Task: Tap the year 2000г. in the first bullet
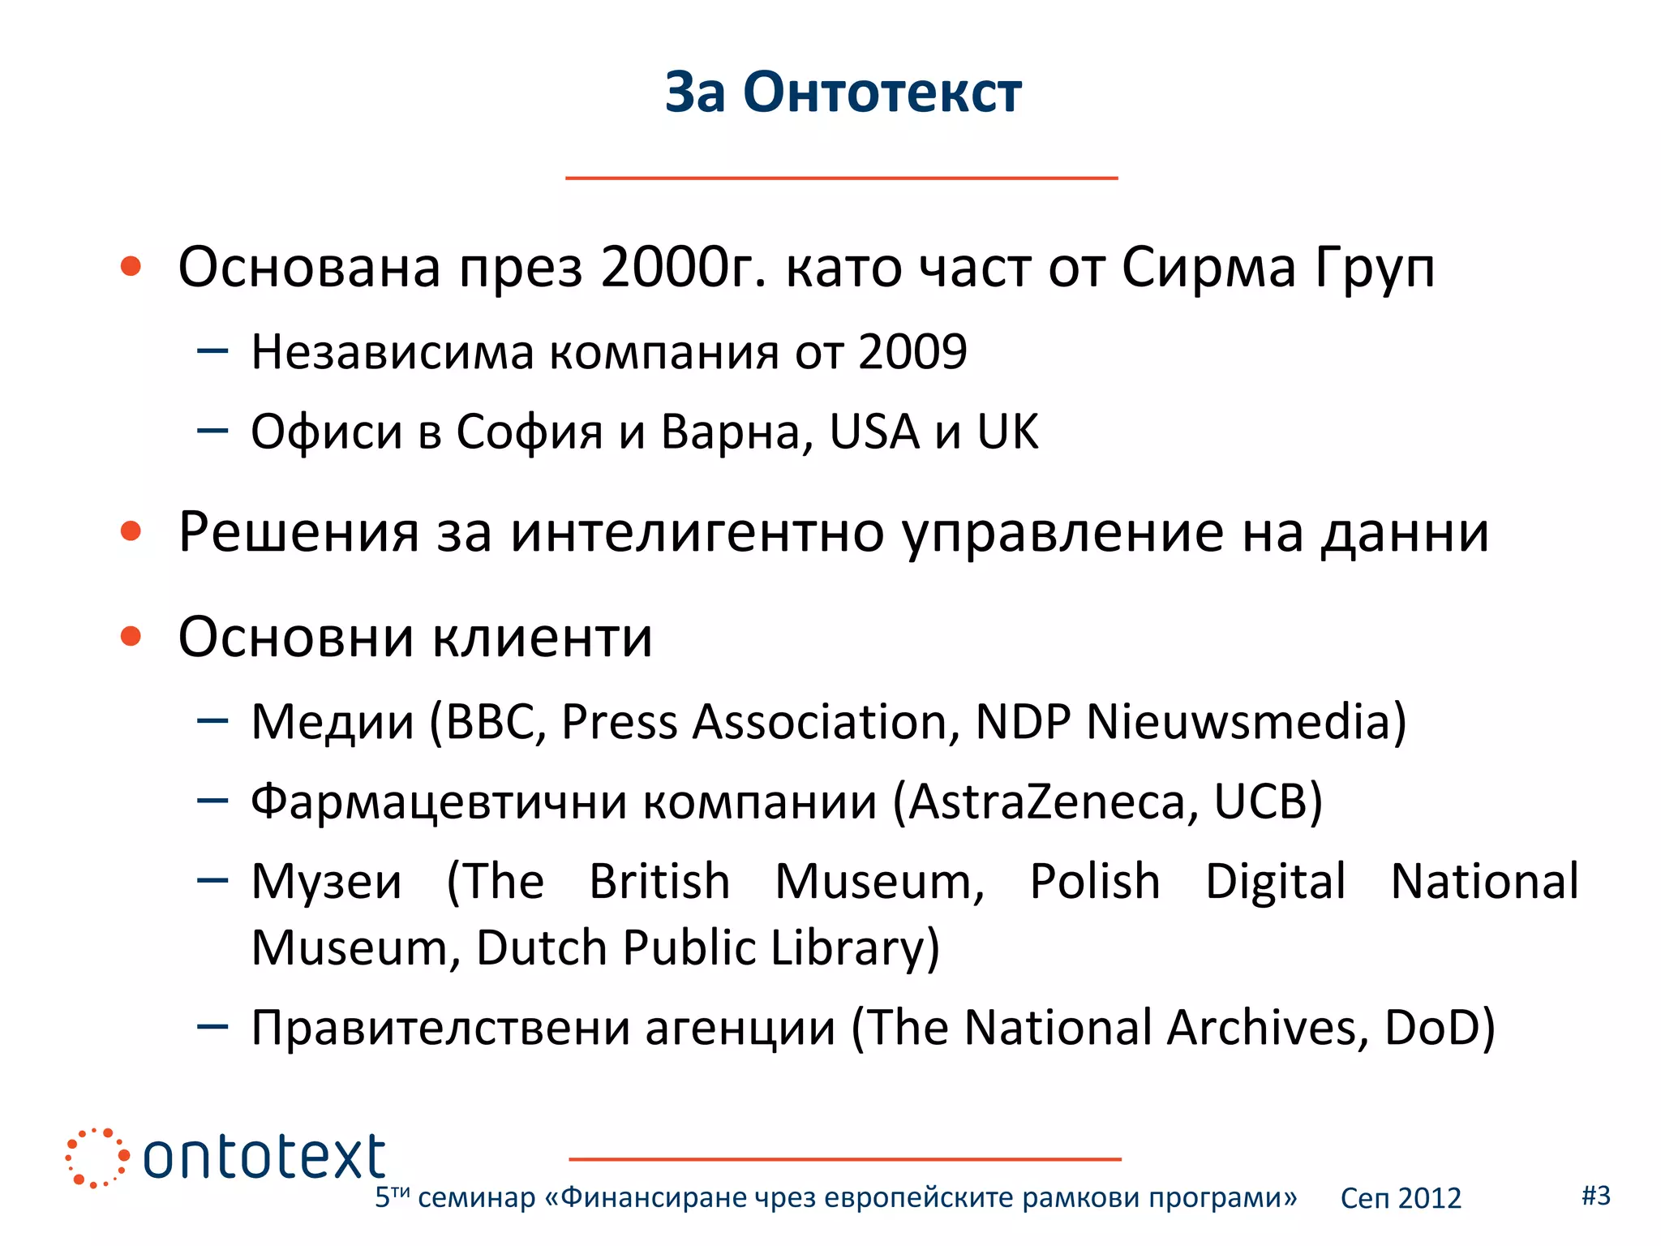point(683,267)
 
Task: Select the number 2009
point(912,352)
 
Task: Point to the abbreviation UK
point(1007,432)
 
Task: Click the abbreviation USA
point(874,432)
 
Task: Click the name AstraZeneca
point(1051,801)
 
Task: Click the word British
point(659,882)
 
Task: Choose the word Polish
point(1095,882)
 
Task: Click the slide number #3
point(1596,1195)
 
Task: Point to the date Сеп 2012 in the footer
point(1401,1198)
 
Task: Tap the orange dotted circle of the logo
point(97,1158)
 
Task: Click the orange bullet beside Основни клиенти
point(131,636)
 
